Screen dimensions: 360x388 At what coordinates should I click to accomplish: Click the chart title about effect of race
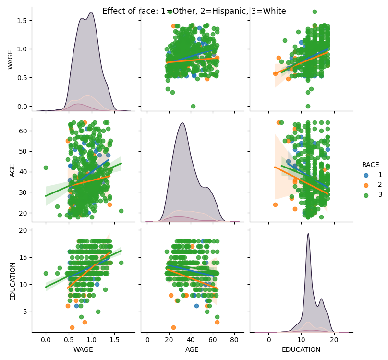click(194, 11)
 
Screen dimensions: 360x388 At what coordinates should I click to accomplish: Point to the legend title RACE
click(371, 165)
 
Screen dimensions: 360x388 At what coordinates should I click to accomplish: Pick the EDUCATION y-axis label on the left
click(13, 281)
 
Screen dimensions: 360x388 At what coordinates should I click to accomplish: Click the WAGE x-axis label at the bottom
click(83, 350)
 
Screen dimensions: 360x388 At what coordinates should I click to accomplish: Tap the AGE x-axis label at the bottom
click(192, 350)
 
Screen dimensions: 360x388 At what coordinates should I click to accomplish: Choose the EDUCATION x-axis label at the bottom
click(301, 350)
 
